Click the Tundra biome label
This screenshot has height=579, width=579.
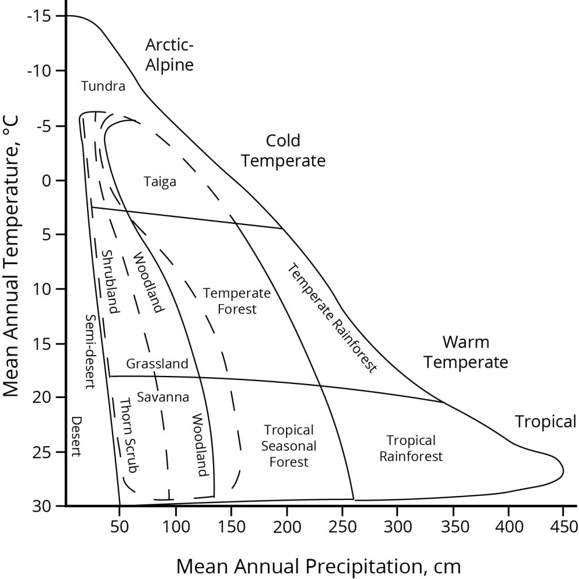pos(103,86)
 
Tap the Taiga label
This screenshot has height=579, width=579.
pos(160,182)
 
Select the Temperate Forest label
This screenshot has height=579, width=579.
pos(230,301)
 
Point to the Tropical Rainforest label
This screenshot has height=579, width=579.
pos(411,448)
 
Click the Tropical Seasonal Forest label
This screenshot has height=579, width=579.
pos(288,446)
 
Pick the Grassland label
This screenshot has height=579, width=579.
pos(157,364)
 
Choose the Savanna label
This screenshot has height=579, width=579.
pos(163,397)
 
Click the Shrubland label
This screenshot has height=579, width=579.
pos(110,282)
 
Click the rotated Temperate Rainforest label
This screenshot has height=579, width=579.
pos(331,318)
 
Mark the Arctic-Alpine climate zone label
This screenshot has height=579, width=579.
pos(169,54)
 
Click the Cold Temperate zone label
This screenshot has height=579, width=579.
pos(283,150)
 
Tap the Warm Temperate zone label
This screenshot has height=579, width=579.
pos(466,352)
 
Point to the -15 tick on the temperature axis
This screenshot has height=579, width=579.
pos(38,16)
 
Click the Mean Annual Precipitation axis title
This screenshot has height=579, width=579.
pos(318,565)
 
